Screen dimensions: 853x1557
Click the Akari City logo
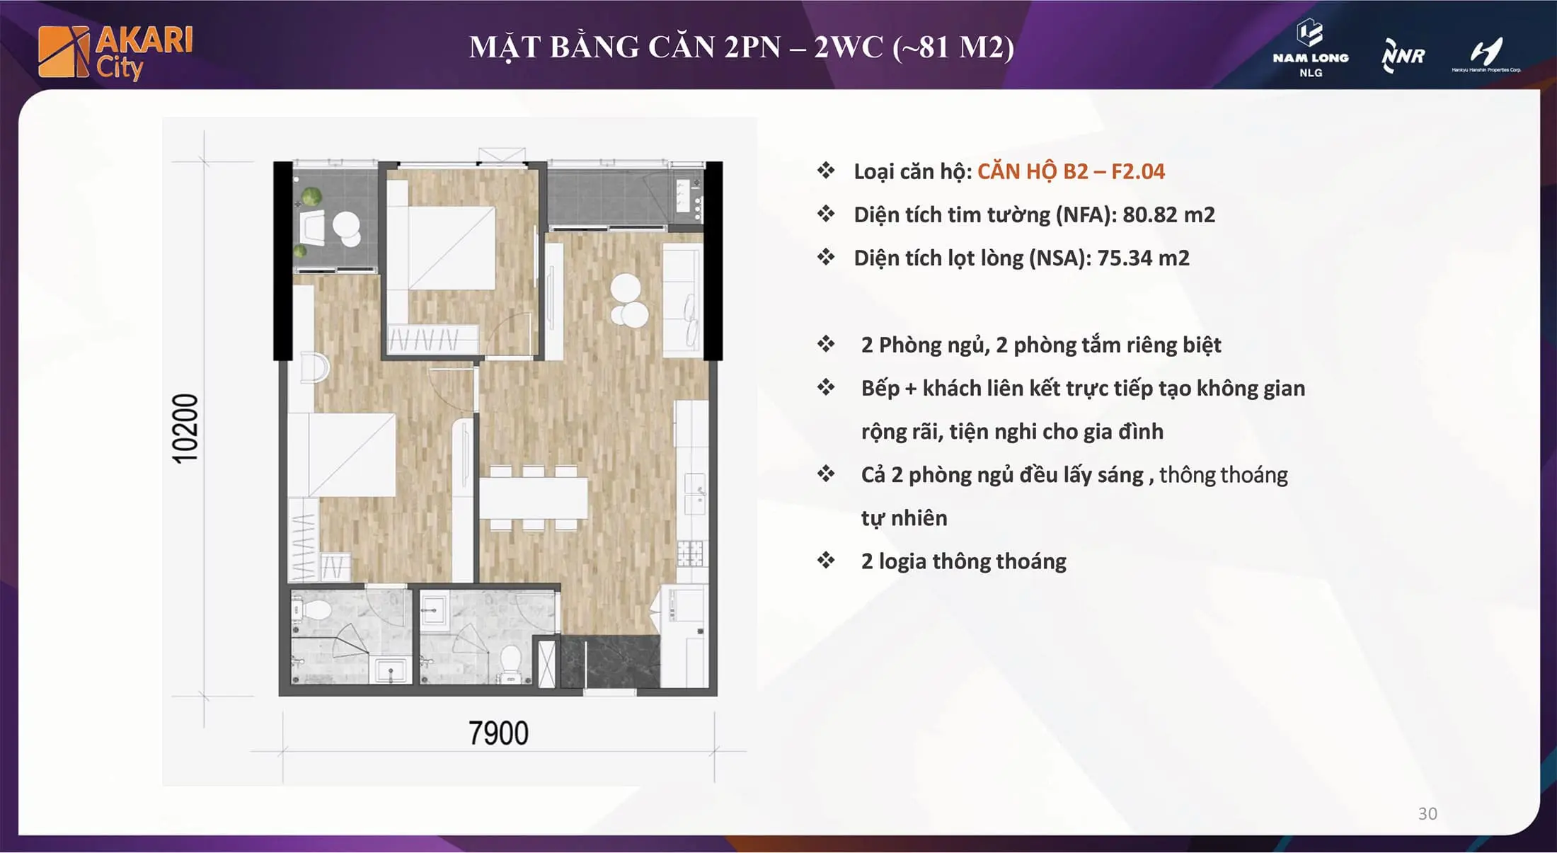(115, 52)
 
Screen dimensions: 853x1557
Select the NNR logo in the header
(1403, 55)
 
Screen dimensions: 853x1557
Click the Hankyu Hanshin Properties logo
(1486, 55)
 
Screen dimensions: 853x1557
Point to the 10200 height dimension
(185, 429)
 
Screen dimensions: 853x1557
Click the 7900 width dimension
(498, 733)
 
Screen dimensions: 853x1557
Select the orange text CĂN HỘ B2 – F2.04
(1071, 171)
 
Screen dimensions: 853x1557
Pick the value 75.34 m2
(1143, 258)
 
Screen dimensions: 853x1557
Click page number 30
(1427, 813)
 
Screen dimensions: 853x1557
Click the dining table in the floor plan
(534, 498)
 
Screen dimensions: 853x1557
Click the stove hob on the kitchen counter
(690, 553)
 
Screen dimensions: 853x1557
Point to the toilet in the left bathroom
(315, 610)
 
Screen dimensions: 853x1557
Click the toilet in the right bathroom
(510, 661)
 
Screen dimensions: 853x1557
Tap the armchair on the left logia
(312, 228)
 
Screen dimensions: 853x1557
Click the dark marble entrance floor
(610, 662)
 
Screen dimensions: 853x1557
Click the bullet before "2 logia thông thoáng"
(826, 561)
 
